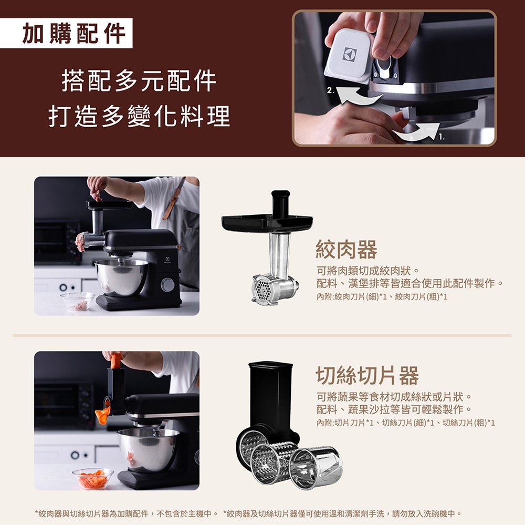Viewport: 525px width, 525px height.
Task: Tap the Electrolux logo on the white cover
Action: [350, 55]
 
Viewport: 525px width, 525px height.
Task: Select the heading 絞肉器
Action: [346, 250]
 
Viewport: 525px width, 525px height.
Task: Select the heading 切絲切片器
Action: [367, 375]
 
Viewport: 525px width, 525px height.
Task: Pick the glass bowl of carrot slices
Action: [93, 478]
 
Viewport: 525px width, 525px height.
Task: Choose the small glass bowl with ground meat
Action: [78, 302]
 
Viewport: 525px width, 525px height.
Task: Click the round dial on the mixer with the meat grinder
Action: [168, 285]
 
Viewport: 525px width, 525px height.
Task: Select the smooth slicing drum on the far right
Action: [316, 467]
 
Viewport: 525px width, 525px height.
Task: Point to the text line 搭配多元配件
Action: [139, 81]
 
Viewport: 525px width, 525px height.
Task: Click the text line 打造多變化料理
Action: [139, 116]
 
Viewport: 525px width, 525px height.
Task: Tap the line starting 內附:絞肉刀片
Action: [382, 297]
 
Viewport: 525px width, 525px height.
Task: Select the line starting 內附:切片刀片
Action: [405, 423]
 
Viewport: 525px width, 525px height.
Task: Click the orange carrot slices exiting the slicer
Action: [103, 415]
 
